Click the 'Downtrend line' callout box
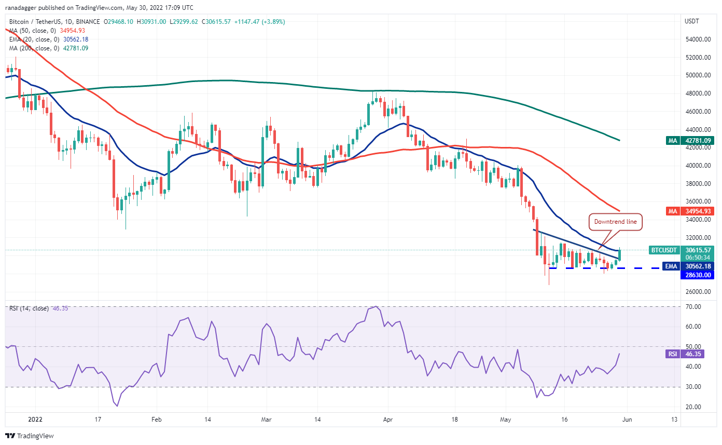click(x=616, y=222)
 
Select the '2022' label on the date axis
click(x=36, y=420)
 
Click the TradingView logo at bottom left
click(x=30, y=436)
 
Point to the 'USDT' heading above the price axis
click(x=692, y=21)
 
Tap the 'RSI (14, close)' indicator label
click(x=29, y=308)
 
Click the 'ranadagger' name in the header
click(x=23, y=8)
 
